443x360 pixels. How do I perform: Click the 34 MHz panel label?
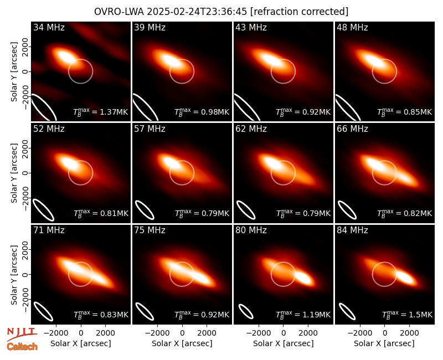click(49, 27)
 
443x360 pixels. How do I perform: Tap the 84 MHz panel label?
click(352, 230)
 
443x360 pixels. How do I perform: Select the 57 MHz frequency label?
click(150, 129)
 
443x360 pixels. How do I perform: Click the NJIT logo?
click(22, 334)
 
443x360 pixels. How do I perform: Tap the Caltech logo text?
click(22, 347)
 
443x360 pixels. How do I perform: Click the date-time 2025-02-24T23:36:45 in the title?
click(197, 12)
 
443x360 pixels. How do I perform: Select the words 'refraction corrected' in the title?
click(300, 12)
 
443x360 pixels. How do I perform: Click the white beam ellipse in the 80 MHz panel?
click(246, 311)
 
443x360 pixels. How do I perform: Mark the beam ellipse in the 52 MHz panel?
click(43, 210)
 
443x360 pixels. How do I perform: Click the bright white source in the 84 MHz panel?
click(406, 277)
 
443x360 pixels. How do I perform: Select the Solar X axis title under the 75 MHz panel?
click(182, 343)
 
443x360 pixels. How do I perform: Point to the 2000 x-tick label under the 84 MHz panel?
click(409, 333)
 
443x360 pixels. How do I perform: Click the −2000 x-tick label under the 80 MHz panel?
click(256, 333)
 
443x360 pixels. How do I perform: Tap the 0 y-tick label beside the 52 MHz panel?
click(25, 173)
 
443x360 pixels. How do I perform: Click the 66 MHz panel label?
click(352, 129)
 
